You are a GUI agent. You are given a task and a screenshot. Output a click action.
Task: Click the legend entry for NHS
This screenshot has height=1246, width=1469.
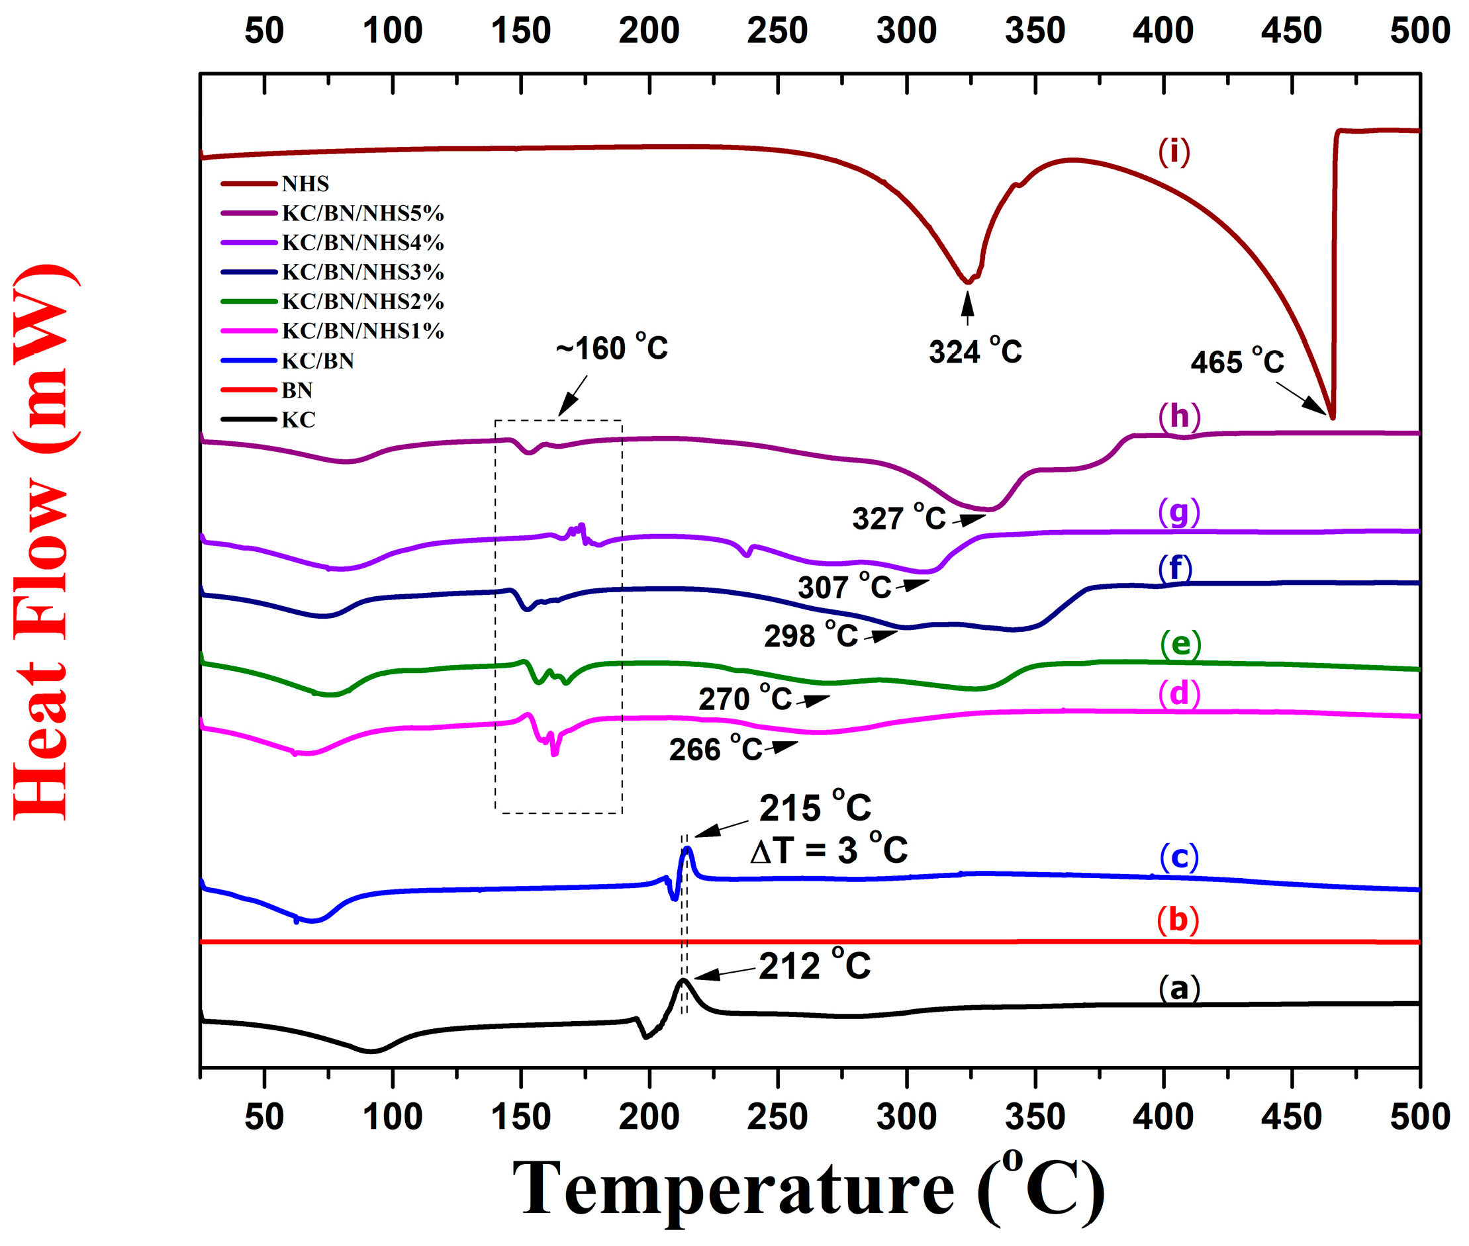click(305, 184)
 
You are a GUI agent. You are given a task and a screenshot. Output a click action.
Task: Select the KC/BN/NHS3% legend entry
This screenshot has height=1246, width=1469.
click(361, 272)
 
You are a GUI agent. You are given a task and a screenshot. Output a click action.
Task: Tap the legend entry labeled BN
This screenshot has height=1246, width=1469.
click(297, 390)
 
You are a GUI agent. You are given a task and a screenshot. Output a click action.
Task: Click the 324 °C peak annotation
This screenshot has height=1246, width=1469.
click(974, 351)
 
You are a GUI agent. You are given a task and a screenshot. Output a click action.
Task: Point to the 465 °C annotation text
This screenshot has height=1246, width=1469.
click(1237, 362)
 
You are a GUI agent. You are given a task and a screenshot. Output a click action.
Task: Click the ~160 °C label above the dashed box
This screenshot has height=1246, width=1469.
click(611, 348)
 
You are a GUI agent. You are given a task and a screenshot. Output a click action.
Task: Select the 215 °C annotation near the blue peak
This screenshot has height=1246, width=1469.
click(814, 808)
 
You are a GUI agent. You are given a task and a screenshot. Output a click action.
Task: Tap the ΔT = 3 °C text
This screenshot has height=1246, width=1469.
click(828, 850)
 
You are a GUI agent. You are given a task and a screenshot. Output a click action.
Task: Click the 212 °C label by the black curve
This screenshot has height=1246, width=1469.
click(814, 965)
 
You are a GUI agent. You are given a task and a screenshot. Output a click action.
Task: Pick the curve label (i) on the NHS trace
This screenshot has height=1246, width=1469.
click(1174, 151)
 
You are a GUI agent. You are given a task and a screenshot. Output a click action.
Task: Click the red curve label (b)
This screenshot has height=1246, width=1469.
click(1177, 920)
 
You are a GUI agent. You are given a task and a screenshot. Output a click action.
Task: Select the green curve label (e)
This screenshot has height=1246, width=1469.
click(1180, 643)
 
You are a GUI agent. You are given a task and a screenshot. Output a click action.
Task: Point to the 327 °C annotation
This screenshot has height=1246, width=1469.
click(898, 519)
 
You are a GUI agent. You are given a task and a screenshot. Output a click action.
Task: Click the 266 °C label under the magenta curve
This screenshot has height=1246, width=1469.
click(715, 749)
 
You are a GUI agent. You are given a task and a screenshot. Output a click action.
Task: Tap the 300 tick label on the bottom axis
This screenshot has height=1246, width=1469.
click(906, 1117)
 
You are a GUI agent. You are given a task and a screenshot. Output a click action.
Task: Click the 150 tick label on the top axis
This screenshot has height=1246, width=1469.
click(521, 31)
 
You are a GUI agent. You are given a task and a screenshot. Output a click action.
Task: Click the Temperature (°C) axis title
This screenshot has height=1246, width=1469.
click(808, 1189)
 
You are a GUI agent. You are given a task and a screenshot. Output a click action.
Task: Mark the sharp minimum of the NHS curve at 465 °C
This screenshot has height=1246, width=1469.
click(1332, 418)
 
